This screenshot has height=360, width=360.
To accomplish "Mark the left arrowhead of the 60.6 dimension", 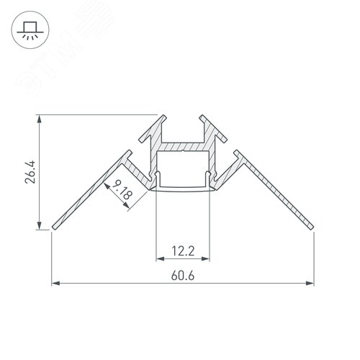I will (55, 284).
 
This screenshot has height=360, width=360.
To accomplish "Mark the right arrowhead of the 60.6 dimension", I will (311, 284).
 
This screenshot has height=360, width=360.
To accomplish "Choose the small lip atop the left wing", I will (128, 155).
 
